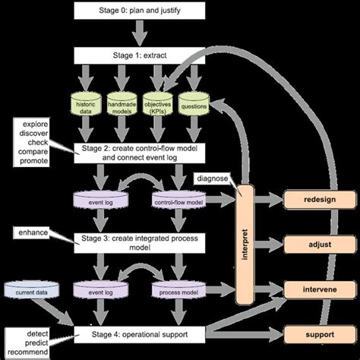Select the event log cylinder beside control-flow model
(x=101, y=202)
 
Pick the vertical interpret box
(x=244, y=240)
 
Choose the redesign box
(x=318, y=200)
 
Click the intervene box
(x=318, y=289)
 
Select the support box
(x=318, y=333)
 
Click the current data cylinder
(x=30, y=289)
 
